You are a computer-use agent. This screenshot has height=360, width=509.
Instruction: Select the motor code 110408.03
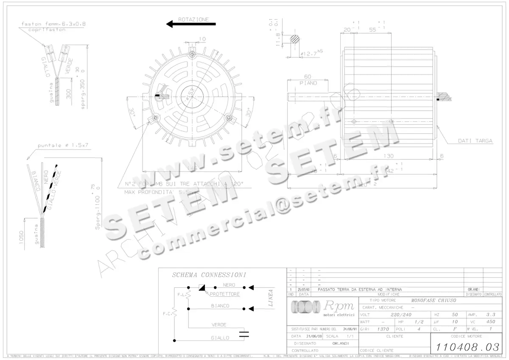pyautogui.click(x=466, y=347)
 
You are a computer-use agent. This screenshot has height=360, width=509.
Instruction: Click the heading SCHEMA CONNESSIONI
pyautogui.click(x=209, y=275)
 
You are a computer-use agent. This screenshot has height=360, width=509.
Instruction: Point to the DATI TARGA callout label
pyautogui.click(x=475, y=141)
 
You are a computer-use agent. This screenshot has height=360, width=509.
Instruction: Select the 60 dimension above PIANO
pyautogui.click(x=308, y=77)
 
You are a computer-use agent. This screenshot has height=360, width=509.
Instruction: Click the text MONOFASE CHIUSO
pyautogui.click(x=428, y=300)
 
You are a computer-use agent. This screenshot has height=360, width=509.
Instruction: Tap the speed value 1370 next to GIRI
pyautogui.click(x=383, y=329)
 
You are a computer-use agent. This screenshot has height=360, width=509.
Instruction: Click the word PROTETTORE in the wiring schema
pyautogui.click(x=225, y=294)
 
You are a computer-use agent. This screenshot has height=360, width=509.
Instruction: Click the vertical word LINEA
pyautogui.click(x=271, y=298)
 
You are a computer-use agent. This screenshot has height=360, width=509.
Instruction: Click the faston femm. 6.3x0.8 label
pyautogui.click(x=53, y=24)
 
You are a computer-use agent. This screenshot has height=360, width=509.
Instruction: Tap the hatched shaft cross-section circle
pyautogui.click(x=295, y=39)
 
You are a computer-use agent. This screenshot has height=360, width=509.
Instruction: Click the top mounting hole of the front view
pyautogui.click(x=193, y=55)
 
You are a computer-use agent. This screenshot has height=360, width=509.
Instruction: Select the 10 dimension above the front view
pyautogui.click(x=202, y=39)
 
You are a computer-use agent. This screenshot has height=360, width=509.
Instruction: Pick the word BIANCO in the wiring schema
pyautogui.click(x=220, y=306)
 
